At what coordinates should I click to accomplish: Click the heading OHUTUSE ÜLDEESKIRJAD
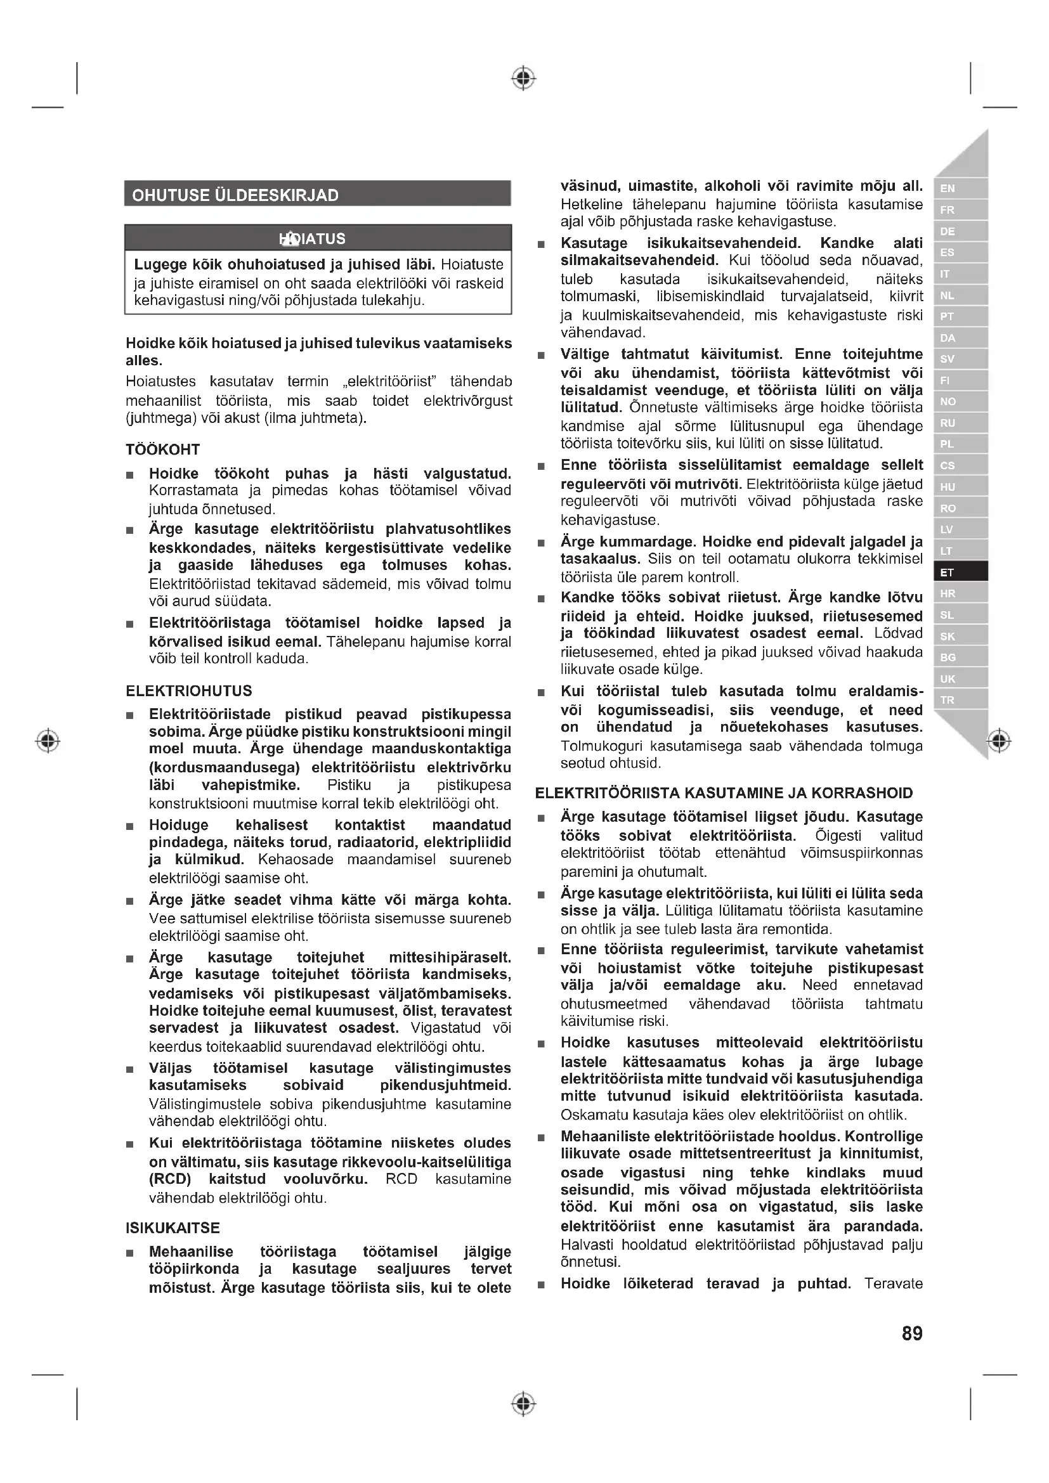tap(235, 195)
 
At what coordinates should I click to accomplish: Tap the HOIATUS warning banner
tap(317, 238)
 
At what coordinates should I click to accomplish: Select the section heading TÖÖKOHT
tap(163, 450)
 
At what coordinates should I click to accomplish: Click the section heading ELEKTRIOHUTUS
tap(188, 690)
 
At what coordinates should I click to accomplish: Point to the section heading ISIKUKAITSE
tap(173, 1228)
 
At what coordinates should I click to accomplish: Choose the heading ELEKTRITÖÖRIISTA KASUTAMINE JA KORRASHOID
tap(724, 793)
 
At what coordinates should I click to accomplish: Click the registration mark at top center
tap(524, 78)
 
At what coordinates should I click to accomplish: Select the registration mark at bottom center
tap(524, 1404)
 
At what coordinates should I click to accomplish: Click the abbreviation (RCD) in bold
tap(170, 1179)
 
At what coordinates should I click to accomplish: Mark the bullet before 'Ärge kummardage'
tap(541, 543)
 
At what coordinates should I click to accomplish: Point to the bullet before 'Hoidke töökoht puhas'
tap(130, 476)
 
